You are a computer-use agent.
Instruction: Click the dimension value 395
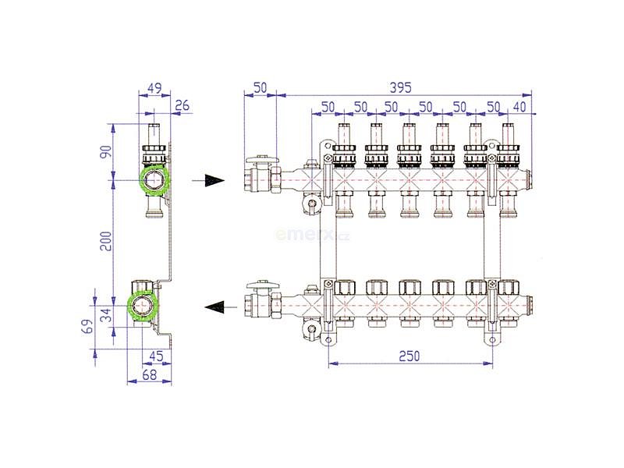click(400, 87)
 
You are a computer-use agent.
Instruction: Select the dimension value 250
click(409, 356)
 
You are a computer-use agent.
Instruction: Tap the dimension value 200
click(106, 241)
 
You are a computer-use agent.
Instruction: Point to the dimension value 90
click(106, 151)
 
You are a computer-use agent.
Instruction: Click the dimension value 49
click(154, 88)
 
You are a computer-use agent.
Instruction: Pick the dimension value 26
click(182, 105)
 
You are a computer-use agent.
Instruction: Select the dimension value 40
click(519, 107)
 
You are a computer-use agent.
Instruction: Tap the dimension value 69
click(88, 326)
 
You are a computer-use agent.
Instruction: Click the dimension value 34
click(106, 315)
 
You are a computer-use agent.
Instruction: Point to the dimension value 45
click(156, 356)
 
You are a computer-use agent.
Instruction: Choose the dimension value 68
click(149, 374)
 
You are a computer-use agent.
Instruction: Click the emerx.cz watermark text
click(313, 236)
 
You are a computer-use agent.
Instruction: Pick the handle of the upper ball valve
click(263, 160)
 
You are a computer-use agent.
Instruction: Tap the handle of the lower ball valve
click(263, 285)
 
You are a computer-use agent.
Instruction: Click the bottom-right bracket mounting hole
click(492, 340)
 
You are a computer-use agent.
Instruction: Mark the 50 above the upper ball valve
click(260, 87)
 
